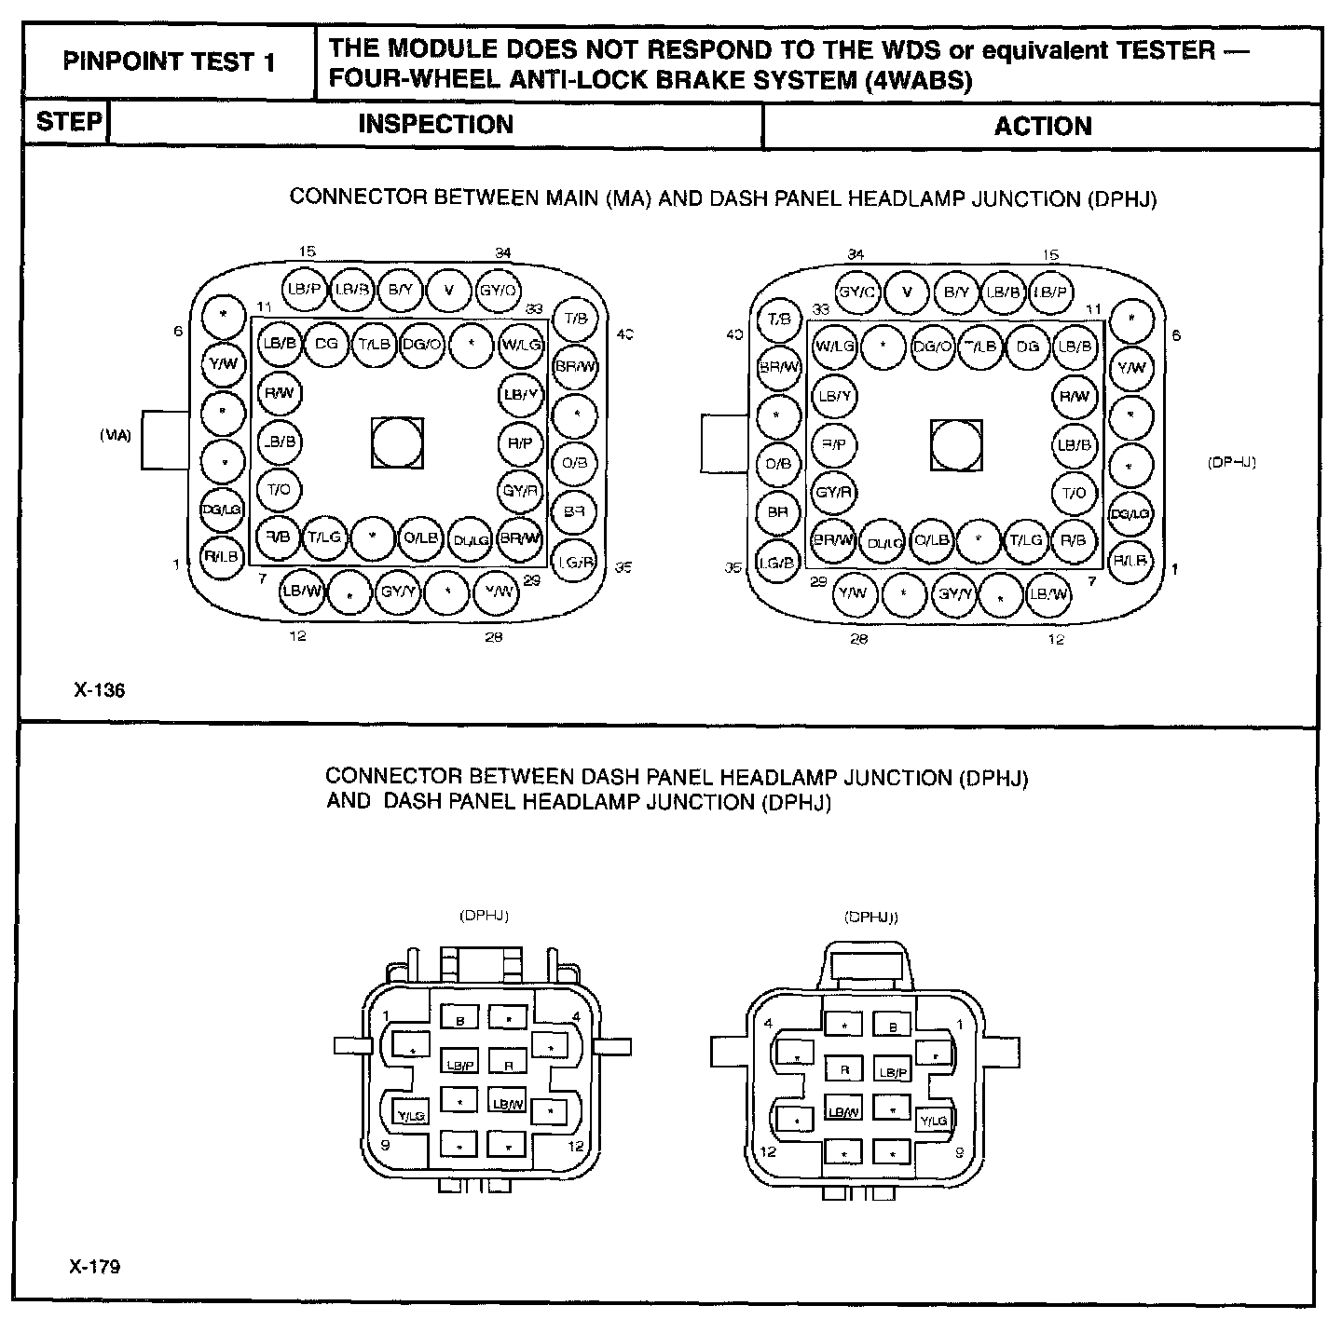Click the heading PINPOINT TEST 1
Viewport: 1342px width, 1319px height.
click(x=170, y=63)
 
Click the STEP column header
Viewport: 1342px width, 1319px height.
click(x=68, y=123)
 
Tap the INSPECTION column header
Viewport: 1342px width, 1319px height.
click(x=435, y=125)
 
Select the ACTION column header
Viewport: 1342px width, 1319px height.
click(x=1042, y=127)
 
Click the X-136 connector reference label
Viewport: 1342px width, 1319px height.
click(x=99, y=690)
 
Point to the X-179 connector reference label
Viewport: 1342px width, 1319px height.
click(x=94, y=1267)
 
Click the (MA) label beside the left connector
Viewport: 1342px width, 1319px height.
click(x=116, y=435)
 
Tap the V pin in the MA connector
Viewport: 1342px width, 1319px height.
click(x=449, y=290)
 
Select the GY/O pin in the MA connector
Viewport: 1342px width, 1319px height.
click(x=498, y=290)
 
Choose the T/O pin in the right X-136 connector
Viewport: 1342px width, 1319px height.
click(x=1074, y=493)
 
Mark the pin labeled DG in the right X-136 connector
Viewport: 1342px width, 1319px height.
click(x=1027, y=347)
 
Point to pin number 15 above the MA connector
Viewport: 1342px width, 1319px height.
click(x=308, y=252)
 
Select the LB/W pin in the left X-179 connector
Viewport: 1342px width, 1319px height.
click(x=509, y=1103)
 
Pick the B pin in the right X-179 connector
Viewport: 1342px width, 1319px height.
click(x=893, y=1027)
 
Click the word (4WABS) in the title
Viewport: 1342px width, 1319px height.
click(x=918, y=80)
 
